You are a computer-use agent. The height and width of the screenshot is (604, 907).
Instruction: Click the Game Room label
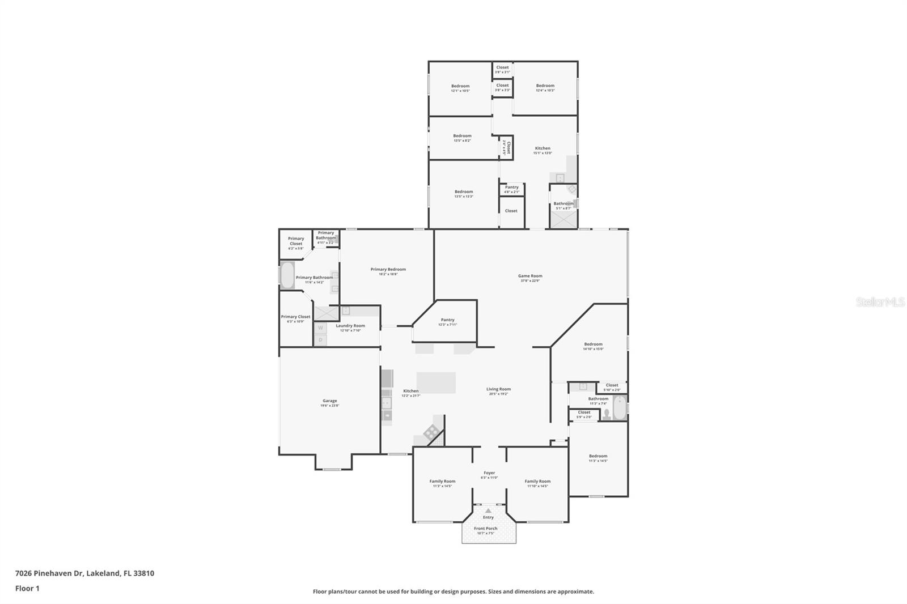tap(531, 278)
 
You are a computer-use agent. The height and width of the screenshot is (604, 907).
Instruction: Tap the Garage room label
tap(330, 403)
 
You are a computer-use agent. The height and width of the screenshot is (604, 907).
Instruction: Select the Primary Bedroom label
tap(388, 271)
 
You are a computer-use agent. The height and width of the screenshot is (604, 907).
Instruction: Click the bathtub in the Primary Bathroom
tap(287, 275)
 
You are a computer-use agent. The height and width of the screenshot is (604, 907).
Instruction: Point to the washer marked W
tap(320, 327)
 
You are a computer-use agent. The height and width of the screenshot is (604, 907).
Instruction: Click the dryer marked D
tap(320, 340)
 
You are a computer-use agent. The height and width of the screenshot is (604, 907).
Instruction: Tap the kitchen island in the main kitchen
tap(436, 382)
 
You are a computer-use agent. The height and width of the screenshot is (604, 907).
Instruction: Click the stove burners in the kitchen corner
tap(431, 432)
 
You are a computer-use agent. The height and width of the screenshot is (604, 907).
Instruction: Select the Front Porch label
tap(486, 530)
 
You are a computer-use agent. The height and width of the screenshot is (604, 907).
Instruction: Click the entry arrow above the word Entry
tap(488, 511)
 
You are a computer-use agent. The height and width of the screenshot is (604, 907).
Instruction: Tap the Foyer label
tap(489, 475)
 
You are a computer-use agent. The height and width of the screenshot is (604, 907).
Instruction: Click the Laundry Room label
tap(350, 327)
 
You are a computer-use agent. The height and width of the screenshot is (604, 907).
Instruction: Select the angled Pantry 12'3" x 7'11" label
tap(447, 322)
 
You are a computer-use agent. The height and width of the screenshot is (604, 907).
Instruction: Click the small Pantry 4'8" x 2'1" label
tap(511, 189)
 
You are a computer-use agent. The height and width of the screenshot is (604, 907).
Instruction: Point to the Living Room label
tap(498, 391)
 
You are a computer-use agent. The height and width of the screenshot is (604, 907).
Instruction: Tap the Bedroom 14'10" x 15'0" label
tap(593, 346)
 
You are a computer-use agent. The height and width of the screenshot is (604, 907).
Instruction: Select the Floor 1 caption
tap(27, 588)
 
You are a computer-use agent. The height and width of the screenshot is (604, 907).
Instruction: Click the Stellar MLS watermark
tap(880, 303)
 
